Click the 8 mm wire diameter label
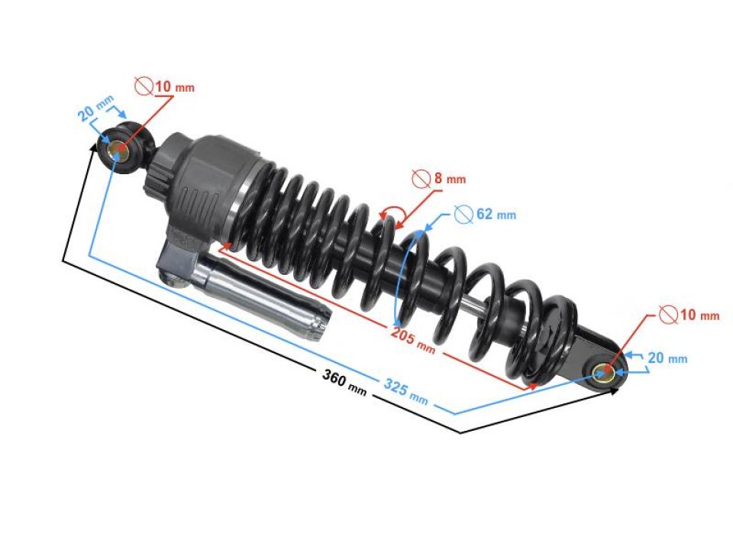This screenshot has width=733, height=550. point(449,180)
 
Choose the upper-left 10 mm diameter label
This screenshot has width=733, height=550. point(174,87)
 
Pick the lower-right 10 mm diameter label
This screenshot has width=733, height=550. point(699,315)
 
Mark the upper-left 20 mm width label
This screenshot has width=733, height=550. point(96,109)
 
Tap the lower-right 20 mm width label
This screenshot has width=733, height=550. point(667,358)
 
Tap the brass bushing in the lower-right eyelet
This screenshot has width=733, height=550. point(605,372)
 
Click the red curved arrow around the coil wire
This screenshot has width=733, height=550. point(391,218)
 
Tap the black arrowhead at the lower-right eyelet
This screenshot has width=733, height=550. point(615,390)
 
